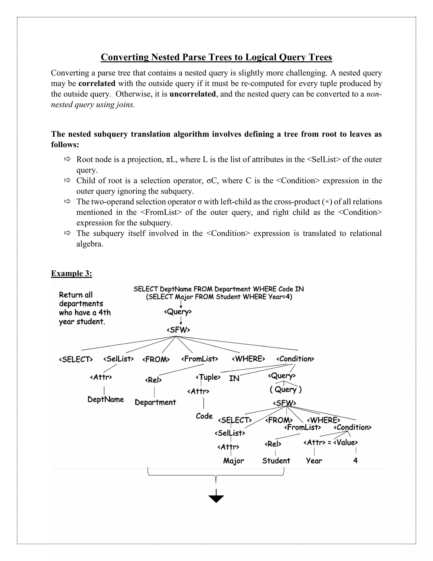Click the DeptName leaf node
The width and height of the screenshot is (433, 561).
(x=106, y=399)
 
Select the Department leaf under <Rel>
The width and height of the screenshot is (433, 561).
(x=155, y=402)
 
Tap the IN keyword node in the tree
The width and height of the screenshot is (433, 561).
(x=234, y=378)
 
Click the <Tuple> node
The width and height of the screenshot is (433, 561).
(x=208, y=377)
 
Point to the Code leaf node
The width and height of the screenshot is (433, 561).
(x=204, y=416)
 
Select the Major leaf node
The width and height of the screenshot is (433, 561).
(x=233, y=461)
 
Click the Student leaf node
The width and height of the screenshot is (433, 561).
(x=276, y=461)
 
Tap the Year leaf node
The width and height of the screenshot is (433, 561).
(x=314, y=461)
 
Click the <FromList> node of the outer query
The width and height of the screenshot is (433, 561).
(x=200, y=359)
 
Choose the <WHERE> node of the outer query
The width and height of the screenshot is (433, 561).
(x=248, y=359)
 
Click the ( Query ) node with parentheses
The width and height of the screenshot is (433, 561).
(x=285, y=390)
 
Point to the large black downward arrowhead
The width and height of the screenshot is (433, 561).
(x=216, y=499)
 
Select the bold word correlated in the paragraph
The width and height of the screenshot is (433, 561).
(x=97, y=83)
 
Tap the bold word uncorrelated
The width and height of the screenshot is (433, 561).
(x=192, y=94)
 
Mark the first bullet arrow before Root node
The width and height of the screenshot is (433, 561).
(x=67, y=159)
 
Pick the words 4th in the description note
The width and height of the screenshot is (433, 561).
(x=104, y=313)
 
